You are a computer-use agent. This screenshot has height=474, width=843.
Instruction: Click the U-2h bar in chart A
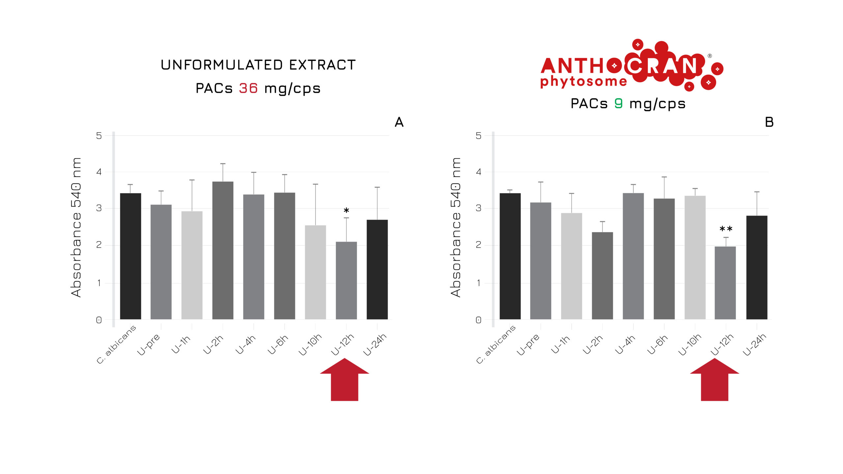[223, 250]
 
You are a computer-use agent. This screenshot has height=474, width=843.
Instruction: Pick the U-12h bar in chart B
[725, 283]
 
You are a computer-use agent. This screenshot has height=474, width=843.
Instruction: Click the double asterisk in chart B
[726, 229]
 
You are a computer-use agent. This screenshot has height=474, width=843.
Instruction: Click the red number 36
[248, 88]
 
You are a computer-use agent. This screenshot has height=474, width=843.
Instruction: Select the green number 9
[618, 103]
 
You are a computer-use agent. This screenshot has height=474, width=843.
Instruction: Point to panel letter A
[399, 122]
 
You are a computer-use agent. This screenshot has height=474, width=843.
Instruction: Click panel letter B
[769, 122]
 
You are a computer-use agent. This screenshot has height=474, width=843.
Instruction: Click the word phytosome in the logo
[584, 81]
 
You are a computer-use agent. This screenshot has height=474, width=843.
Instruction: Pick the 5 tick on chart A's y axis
[99, 136]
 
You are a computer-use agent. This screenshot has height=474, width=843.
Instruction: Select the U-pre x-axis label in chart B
[528, 344]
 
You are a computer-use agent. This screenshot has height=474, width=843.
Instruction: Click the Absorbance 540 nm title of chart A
[76, 227]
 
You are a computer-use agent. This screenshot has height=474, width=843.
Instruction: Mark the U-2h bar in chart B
[602, 276]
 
